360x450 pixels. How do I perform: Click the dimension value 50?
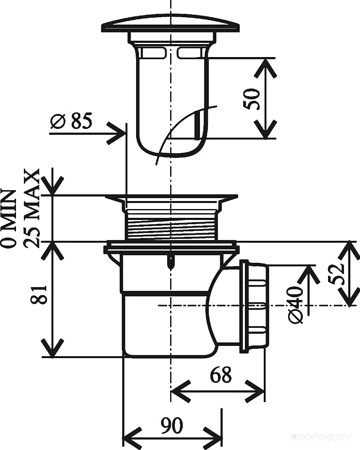252,99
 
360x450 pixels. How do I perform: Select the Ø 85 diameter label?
71,121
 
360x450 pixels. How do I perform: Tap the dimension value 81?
39,295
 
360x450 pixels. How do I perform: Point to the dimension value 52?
336,274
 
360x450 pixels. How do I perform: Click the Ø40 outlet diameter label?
295,305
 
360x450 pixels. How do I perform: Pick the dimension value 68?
221,374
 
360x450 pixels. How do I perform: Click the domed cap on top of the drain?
171,25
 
